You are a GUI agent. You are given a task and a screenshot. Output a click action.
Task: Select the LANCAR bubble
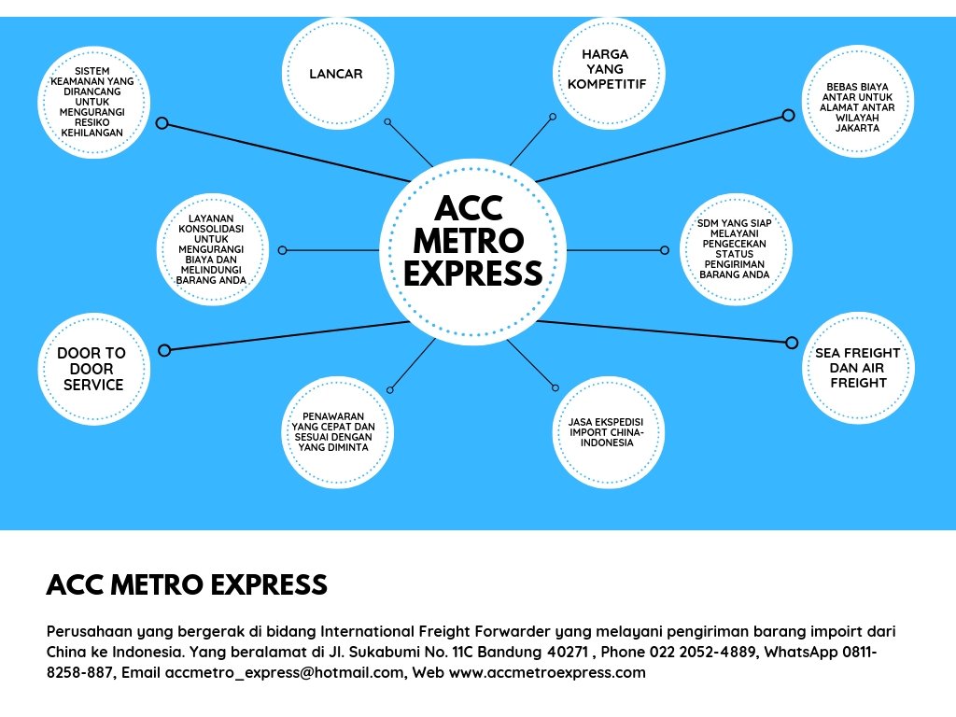[x=336, y=73]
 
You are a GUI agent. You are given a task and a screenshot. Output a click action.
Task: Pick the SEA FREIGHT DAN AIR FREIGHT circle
[x=858, y=368]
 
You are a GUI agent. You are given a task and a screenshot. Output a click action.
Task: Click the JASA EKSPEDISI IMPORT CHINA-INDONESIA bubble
[x=608, y=432]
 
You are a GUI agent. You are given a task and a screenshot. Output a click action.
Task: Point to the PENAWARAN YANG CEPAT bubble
[x=336, y=432]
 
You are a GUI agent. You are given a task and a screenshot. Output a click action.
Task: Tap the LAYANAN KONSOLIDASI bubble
[x=212, y=249]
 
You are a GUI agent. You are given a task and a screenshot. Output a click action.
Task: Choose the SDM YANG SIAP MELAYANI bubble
[x=735, y=249]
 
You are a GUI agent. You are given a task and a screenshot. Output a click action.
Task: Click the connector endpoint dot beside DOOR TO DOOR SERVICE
[x=164, y=350]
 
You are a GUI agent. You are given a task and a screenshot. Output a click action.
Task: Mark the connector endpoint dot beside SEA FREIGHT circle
[x=793, y=342]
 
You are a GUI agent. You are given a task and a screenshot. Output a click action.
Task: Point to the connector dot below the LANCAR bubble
[x=387, y=121]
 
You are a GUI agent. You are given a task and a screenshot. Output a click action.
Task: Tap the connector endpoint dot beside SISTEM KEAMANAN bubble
[x=162, y=123]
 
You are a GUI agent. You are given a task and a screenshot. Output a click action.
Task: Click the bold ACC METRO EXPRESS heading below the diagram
[x=187, y=585]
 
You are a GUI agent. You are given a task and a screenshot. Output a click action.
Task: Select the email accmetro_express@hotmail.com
[x=285, y=672]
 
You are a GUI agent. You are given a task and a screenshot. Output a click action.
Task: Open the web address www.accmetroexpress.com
[x=547, y=672]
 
